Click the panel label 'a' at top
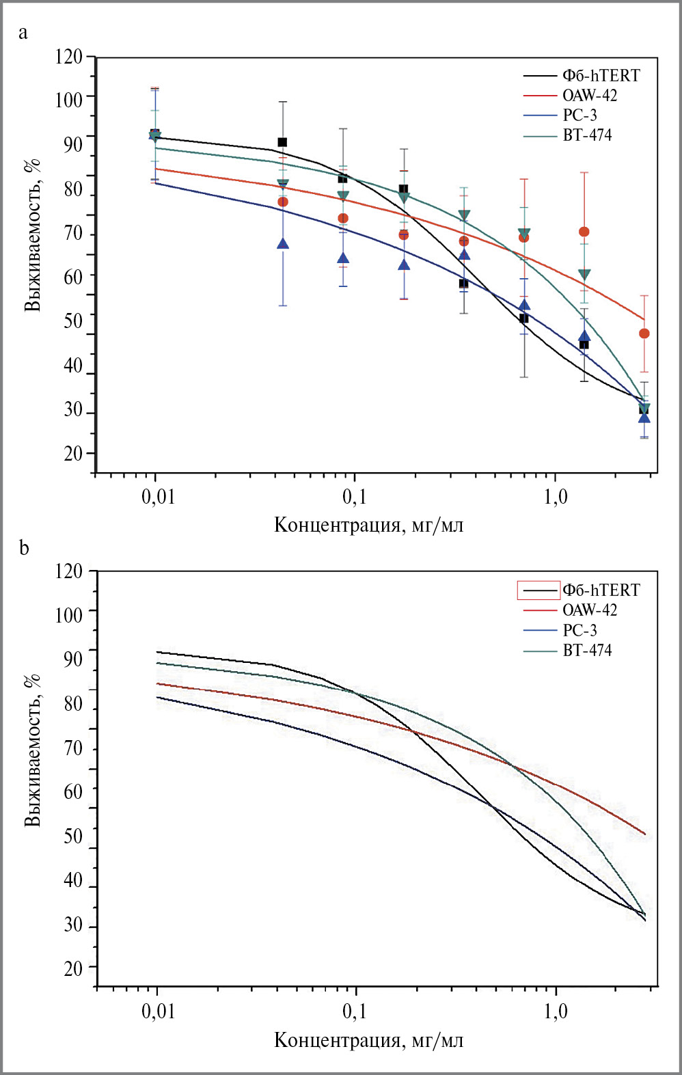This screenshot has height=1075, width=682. [23, 33]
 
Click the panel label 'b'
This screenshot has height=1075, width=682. [24, 548]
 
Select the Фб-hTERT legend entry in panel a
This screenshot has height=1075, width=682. [601, 75]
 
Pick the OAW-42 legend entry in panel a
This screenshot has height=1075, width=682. [589, 96]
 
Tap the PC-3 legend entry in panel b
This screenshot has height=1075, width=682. [579, 630]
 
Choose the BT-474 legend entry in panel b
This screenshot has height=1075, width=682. [587, 650]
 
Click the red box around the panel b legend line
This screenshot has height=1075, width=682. [538, 590]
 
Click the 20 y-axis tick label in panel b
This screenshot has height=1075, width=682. [72, 968]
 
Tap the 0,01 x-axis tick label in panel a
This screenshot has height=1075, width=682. [158, 497]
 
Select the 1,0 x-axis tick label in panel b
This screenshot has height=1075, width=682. [556, 1011]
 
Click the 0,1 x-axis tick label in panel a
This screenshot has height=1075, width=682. [355, 497]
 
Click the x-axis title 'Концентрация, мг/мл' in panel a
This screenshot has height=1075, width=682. [368, 525]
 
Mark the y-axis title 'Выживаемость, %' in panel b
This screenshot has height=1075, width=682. [32, 750]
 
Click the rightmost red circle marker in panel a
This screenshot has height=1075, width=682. [644, 334]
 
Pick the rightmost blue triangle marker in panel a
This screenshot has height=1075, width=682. [644, 417]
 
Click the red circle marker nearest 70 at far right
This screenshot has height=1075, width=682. [584, 232]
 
